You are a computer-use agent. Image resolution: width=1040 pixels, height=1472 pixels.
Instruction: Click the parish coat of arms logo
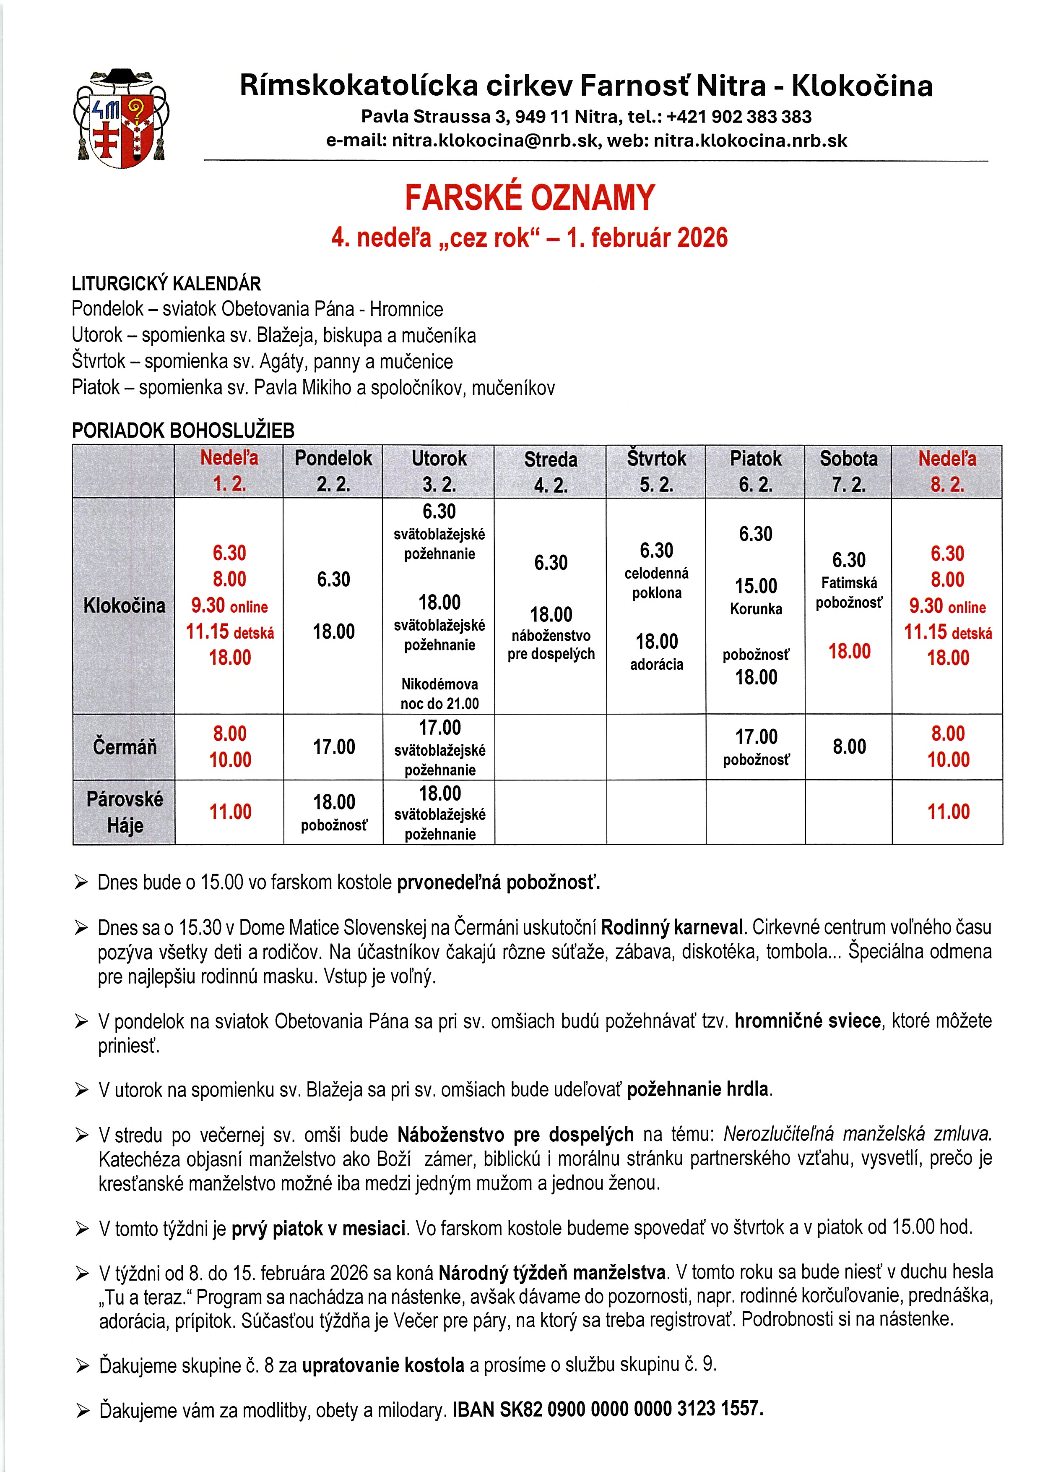click(x=121, y=119)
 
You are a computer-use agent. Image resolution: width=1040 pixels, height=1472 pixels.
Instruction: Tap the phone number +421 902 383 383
click(x=739, y=117)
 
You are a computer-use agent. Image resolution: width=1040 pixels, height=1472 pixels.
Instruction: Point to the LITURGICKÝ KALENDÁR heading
click(x=166, y=283)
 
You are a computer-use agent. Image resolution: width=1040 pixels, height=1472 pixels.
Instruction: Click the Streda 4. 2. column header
click(x=551, y=471)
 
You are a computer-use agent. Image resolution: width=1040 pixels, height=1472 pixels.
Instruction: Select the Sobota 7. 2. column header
click(x=848, y=471)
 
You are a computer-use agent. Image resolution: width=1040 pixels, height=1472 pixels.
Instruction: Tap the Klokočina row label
click(x=124, y=605)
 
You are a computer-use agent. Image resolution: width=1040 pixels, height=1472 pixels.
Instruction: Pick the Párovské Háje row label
click(x=124, y=812)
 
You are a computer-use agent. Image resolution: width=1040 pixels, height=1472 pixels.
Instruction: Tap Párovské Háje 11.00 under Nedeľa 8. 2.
click(x=948, y=812)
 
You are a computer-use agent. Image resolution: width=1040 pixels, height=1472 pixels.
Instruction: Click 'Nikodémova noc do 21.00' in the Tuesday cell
click(x=439, y=694)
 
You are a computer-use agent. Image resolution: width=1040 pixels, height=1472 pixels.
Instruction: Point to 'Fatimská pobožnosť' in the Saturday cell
click(x=849, y=592)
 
